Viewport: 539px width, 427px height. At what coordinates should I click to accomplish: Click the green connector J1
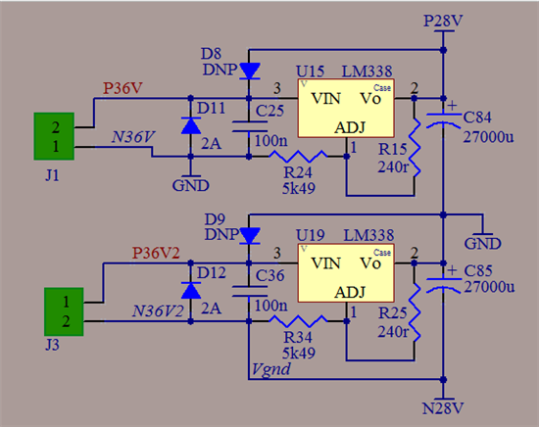(x=54, y=136)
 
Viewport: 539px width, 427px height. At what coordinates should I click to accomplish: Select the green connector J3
(x=64, y=311)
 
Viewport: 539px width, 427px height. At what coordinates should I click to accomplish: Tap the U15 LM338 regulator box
(x=346, y=108)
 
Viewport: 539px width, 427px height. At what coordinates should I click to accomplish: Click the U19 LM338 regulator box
(x=346, y=273)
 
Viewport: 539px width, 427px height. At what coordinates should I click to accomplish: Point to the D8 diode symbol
(x=249, y=71)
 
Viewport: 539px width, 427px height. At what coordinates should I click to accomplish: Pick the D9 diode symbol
(x=249, y=236)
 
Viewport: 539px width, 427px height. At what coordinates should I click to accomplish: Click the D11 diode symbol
(x=191, y=125)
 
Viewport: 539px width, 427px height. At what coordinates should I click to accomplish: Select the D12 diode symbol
(x=191, y=291)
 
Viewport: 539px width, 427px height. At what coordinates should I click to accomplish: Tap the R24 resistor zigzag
(x=298, y=157)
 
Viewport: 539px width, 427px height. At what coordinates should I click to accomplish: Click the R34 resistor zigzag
(x=298, y=321)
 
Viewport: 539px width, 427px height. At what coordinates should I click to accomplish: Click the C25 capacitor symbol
(x=250, y=126)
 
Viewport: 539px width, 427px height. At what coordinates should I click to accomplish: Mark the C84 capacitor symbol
(x=443, y=119)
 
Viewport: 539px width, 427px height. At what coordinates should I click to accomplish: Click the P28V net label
(x=443, y=21)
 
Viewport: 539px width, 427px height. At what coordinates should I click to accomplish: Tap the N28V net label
(x=443, y=408)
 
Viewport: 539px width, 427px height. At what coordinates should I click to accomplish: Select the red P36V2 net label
(x=156, y=254)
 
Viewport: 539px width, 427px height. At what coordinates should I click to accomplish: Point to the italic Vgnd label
(x=270, y=370)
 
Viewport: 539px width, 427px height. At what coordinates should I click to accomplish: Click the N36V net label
(x=133, y=137)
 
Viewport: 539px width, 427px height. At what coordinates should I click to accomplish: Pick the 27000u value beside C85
(x=489, y=287)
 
